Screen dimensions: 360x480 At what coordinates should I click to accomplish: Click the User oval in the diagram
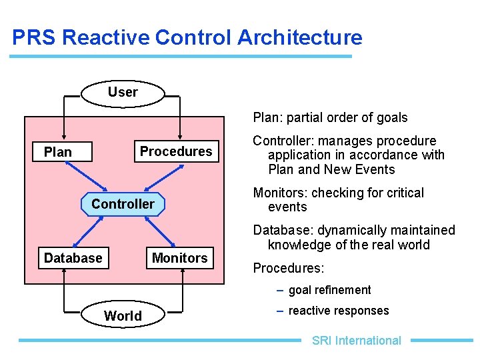(123, 93)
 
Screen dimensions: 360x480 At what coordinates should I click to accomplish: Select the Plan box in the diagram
(57, 152)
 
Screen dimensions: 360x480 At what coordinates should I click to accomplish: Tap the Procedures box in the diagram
(176, 151)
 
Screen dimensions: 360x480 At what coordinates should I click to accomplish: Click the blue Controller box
(123, 204)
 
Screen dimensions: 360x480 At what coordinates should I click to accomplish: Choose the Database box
(73, 258)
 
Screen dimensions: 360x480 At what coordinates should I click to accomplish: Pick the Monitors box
(180, 258)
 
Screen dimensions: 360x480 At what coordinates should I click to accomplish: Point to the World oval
(123, 315)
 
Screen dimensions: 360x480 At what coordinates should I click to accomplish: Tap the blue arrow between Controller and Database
(88, 231)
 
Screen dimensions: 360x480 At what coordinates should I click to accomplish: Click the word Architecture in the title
(299, 37)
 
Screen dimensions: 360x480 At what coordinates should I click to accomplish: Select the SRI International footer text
(356, 341)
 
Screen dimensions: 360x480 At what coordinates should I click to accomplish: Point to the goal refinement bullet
(329, 290)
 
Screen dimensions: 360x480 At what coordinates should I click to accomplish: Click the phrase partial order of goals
(345, 117)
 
